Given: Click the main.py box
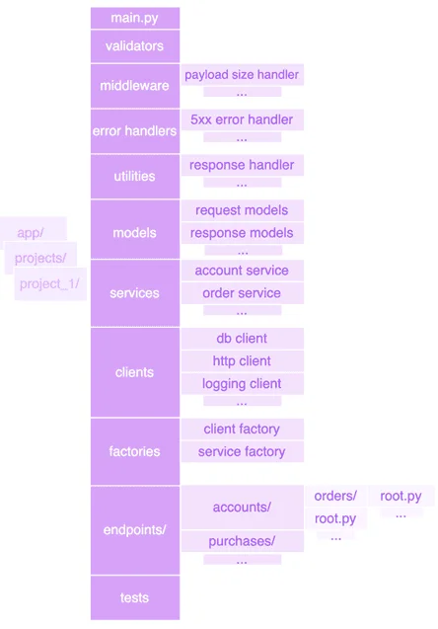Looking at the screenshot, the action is click(135, 18).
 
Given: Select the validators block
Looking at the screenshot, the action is click(135, 46).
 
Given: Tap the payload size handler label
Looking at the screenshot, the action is click(242, 75).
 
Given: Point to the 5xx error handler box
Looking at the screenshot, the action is click(242, 119).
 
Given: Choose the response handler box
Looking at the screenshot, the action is click(242, 165).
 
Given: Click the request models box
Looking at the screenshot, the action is click(242, 210).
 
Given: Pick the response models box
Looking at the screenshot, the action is click(242, 233).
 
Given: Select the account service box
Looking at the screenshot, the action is click(242, 271).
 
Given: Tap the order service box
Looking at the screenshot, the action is click(242, 293).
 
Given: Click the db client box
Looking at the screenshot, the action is click(242, 339).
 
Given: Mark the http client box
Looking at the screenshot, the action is click(242, 361).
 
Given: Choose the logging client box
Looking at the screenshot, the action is click(242, 384).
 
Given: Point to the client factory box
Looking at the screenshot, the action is click(242, 429).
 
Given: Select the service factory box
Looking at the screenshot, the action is click(242, 451).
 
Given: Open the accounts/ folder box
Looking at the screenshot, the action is click(242, 508).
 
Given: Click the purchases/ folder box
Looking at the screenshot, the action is click(242, 541).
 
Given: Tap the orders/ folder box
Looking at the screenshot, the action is click(335, 497).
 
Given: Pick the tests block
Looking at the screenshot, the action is click(135, 597).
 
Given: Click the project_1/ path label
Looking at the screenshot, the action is click(49, 284).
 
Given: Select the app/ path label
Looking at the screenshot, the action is click(31, 233).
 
